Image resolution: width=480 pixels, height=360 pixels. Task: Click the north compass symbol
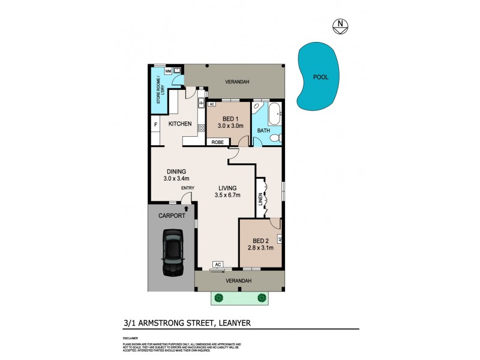click(x=340, y=25)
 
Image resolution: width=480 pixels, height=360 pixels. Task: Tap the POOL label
click(x=320, y=77)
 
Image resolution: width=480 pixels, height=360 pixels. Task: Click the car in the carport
click(x=173, y=254)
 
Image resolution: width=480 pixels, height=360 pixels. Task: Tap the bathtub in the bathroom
click(x=274, y=112)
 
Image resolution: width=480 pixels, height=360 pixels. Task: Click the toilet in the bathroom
click(x=274, y=139)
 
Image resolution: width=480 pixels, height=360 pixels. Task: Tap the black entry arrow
click(x=187, y=208)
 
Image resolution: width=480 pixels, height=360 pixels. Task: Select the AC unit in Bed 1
click(x=212, y=104)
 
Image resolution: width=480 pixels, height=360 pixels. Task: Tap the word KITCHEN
click(x=180, y=124)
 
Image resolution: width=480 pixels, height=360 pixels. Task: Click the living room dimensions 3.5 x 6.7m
click(x=227, y=195)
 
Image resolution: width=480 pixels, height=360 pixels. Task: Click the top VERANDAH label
click(x=237, y=82)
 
